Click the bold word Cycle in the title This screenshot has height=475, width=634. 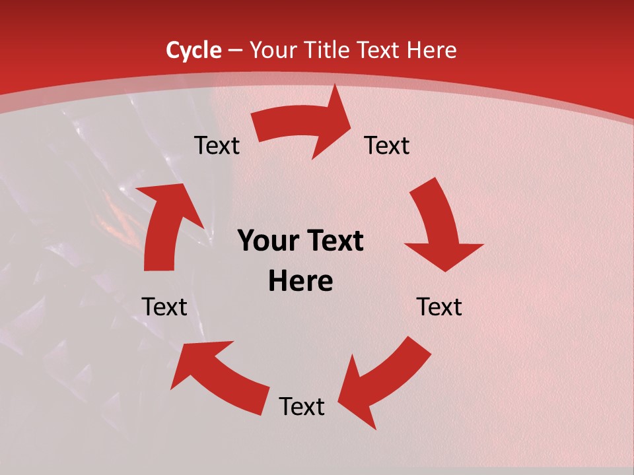coord(194,50)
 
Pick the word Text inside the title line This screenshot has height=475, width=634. coord(380,50)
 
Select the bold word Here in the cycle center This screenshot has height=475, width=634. coord(300,282)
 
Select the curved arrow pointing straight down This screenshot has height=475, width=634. coord(439,224)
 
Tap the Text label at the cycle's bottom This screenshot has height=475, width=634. coord(302,406)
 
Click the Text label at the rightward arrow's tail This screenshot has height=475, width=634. coord(217,145)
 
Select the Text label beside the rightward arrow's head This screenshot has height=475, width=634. coord(388,145)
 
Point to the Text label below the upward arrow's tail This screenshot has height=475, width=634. coord(165,307)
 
